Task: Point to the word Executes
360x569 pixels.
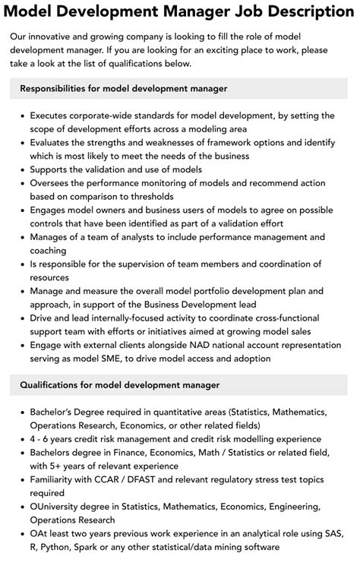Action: (52, 115)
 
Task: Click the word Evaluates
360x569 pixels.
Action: (54, 142)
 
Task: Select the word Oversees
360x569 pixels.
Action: (53, 182)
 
